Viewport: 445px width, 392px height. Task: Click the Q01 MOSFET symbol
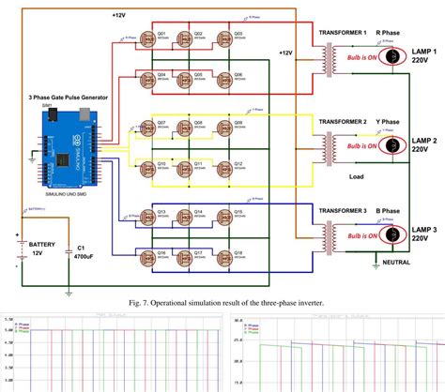click(x=148, y=42)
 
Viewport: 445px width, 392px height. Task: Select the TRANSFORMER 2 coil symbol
click(x=328, y=145)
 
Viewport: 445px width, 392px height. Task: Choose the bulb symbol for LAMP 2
click(x=391, y=145)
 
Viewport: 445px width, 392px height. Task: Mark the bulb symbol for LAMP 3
click(x=391, y=234)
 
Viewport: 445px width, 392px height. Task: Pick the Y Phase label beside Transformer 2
click(x=387, y=122)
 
